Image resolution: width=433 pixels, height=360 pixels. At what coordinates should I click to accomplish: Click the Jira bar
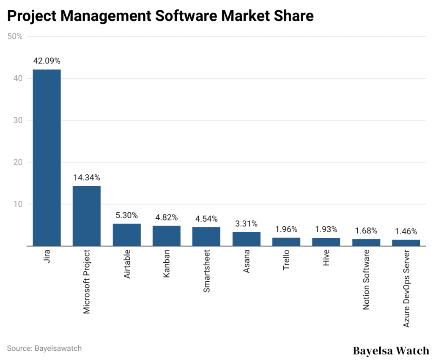pos(47,157)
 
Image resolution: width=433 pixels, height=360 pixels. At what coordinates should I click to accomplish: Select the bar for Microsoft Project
pos(86,216)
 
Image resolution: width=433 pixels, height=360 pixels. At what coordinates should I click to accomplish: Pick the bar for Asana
pos(246,239)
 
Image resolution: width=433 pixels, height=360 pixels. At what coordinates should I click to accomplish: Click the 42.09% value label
pos(47,61)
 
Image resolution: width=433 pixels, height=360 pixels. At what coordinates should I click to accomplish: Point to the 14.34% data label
pos(86,178)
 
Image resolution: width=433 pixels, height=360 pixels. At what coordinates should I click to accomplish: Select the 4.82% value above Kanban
pos(166,217)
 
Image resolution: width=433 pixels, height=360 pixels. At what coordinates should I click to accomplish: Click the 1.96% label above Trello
pos(286,229)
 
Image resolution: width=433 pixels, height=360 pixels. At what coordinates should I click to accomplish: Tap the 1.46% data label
pos(406,231)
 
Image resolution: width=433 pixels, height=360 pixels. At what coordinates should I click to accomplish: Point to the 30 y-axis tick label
pos(18,120)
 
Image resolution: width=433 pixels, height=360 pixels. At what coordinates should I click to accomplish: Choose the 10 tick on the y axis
pos(18,204)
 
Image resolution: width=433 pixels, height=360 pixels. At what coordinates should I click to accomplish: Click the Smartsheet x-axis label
pos(206,271)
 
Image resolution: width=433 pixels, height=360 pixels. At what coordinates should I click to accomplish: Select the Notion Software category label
pos(366,280)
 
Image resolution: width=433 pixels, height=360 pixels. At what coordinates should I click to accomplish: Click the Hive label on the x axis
pos(326,258)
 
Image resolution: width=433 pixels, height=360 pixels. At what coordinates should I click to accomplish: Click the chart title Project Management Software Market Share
pos(160,16)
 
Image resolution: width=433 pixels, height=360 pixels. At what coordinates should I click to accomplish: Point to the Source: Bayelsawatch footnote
pos(44,348)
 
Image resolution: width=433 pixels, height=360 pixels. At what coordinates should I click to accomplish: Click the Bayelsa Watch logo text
pos(390,351)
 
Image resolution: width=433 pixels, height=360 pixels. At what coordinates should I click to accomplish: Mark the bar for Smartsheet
pos(206,236)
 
